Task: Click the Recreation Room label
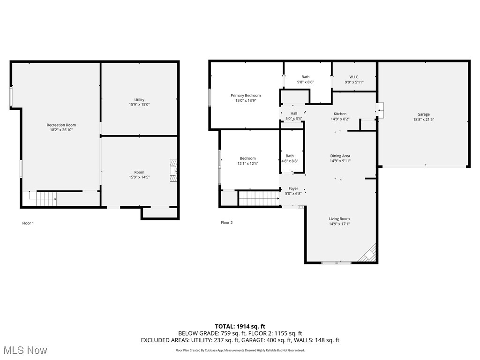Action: [61, 125]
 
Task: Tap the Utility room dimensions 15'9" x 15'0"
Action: [139, 105]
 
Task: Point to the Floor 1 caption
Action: [28, 223]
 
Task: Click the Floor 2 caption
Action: [226, 223]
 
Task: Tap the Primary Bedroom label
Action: [246, 96]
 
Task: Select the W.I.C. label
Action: [354, 77]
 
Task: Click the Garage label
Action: [423, 114]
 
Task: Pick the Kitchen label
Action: [340, 114]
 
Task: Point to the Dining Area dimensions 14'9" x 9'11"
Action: [340, 161]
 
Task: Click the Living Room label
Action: [339, 219]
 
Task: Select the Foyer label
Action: [293, 188]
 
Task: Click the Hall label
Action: [294, 113]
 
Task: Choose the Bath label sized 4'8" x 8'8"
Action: [290, 156]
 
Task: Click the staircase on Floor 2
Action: [259, 198]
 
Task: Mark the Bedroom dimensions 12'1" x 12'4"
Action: [248, 164]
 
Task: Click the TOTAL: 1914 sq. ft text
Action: [240, 326]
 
